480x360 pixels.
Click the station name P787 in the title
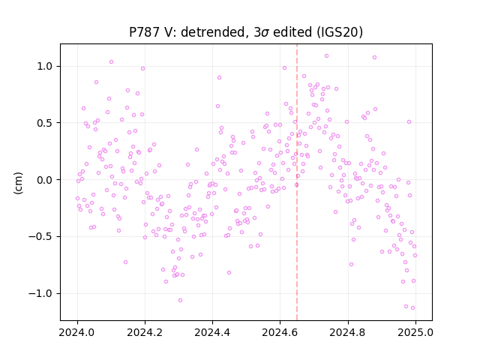pyautogui.click(x=143, y=32)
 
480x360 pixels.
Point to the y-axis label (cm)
pyautogui.click(x=18, y=183)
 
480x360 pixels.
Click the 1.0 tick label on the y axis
pyautogui.click(x=46, y=66)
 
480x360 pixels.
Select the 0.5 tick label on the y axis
pyautogui.click(x=46, y=123)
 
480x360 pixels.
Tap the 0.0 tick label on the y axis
pyautogui.click(x=46, y=180)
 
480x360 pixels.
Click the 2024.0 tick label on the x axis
pyautogui.click(x=77, y=332)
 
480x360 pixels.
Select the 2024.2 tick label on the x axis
pyautogui.click(x=145, y=332)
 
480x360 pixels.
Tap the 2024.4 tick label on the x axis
pyautogui.click(x=212, y=332)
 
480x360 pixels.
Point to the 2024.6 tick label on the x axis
pyautogui.click(x=280, y=332)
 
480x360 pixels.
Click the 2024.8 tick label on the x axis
pyautogui.click(x=348, y=332)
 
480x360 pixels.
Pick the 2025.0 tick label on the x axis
pyautogui.click(x=415, y=332)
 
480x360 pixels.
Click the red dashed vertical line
pyautogui.click(x=297, y=182)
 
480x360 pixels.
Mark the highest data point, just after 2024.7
pyautogui.click(x=327, y=56)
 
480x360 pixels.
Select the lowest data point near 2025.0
pyautogui.click(x=412, y=308)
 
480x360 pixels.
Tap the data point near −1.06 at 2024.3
pyautogui.click(x=180, y=300)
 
